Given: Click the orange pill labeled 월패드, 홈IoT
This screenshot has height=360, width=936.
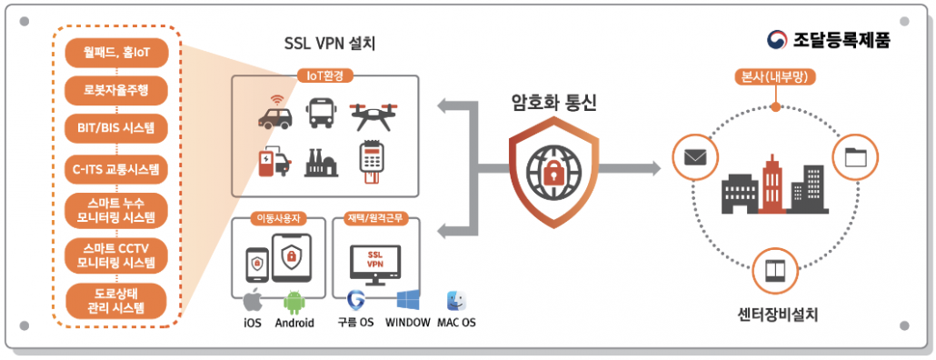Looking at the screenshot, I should pyautogui.click(x=116, y=53).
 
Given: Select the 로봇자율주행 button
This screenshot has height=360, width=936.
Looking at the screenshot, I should pyautogui.click(x=116, y=90).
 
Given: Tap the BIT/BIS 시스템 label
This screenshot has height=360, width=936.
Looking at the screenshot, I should pyautogui.click(x=116, y=127).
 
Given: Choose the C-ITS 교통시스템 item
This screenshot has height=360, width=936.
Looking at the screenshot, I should pyautogui.click(x=116, y=168).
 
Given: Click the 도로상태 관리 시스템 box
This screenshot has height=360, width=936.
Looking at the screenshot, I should pyautogui.click(x=116, y=300).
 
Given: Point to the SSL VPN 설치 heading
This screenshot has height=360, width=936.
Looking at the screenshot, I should pyautogui.click(x=329, y=43).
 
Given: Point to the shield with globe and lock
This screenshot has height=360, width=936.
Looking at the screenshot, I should pyautogui.click(x=553, y=170).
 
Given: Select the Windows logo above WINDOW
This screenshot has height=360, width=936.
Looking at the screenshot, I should pyautogui.click(x=408, y=301).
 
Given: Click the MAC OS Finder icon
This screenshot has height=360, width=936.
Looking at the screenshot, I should pyautogui.click(x=455, y=301).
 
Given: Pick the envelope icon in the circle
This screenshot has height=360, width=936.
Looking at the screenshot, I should pyautogui.click(x=695, y=156).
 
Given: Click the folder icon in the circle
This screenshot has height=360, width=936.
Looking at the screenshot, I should pyautogui.click(x=855, y=156).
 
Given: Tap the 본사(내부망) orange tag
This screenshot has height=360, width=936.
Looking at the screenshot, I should pyautogui.click(x=773, y=77).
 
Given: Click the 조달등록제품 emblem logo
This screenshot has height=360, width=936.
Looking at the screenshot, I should pyautogui.click(x=778, y=39).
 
